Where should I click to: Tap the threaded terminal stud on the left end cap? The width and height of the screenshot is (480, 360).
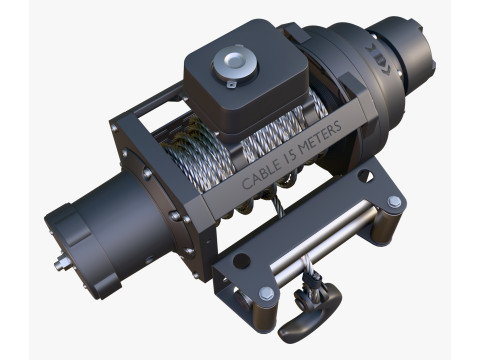coord(61,264)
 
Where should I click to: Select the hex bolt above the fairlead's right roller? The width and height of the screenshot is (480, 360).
coord(394,201)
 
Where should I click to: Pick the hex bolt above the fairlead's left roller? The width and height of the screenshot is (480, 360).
coord(267,293)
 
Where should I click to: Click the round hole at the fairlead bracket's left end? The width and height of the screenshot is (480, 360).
coord(241,261)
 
